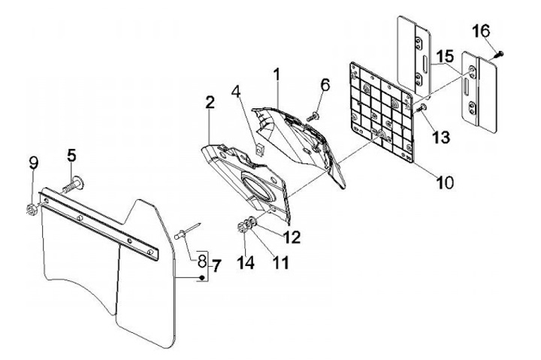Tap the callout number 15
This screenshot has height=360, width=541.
coord(444,56)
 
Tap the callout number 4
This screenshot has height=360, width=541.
coord(235,95)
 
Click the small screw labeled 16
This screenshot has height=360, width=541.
coord(500,53)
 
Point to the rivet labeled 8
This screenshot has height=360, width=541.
coord(185,236)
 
